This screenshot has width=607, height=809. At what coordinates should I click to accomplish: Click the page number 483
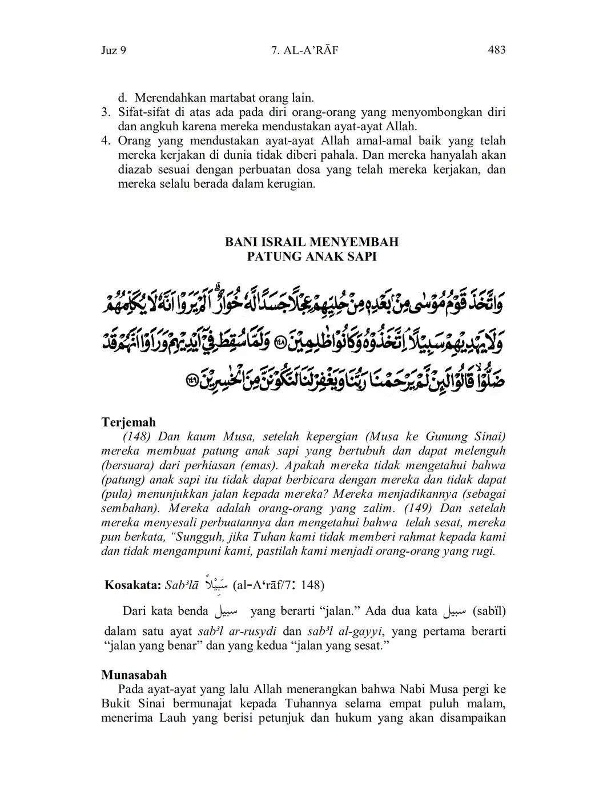click(x=496, y=50)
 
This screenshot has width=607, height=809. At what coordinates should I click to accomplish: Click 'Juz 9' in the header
click(x=113, y=50)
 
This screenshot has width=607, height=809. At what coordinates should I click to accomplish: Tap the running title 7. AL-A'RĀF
click(x=305, y=50)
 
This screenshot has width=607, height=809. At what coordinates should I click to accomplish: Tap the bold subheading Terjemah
click(x=128, y=422)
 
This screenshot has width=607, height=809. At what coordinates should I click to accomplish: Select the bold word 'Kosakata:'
click(x=132, y=585)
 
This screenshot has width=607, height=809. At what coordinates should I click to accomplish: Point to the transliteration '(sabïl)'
click(x=489, y=611)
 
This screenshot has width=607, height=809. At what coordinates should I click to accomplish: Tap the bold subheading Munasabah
click(x=134, y=675)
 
